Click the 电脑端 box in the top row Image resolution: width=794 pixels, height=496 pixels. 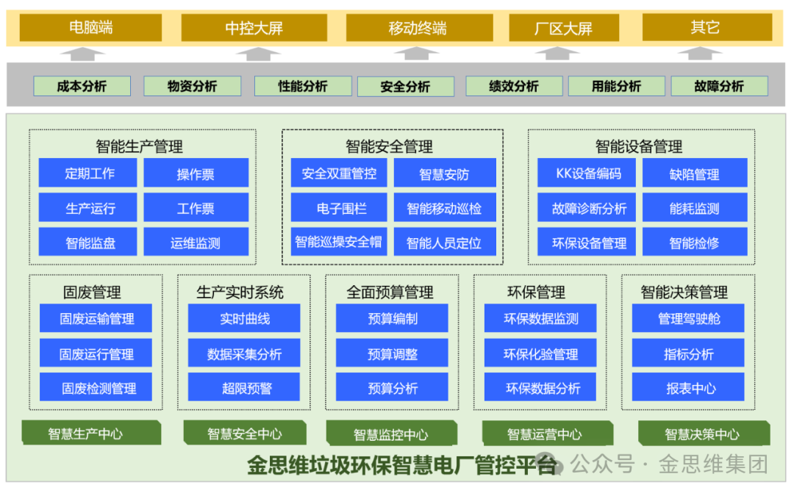(90, 28)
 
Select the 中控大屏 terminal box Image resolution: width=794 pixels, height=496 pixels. (254, 29)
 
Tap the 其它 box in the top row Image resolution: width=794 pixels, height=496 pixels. (707, 28)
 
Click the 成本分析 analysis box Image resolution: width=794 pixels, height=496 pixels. (82, 86)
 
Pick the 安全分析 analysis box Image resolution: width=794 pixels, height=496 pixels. (405, 87)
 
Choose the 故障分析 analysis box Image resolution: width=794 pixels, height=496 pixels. (718, 86)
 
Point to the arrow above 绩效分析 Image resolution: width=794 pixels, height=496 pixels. (557, 54)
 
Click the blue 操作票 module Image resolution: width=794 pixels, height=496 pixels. (196, 173)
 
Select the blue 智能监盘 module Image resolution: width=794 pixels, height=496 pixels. (90, 242)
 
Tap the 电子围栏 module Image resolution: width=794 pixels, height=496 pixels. (341, 208)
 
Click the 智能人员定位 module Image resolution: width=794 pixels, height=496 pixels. (444, 242)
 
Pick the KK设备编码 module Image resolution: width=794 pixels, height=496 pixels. (589, 173)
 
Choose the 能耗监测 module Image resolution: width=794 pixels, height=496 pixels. (694, 208)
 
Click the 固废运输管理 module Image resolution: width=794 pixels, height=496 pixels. (96, 319)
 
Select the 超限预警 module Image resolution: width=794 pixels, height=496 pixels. (244, 388)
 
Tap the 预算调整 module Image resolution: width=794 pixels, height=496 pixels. (393, 353)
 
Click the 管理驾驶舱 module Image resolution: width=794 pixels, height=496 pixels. (688, 319)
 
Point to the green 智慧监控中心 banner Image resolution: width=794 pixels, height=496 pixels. (390, 434)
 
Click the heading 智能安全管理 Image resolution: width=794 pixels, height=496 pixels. (389, 146)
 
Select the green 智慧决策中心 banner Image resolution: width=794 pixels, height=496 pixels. (702, 434)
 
